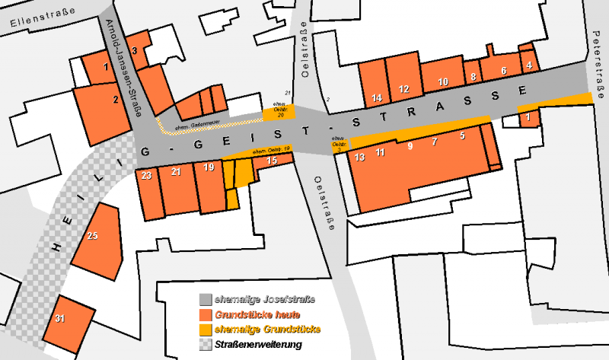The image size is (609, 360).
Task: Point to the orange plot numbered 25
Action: point(92,237)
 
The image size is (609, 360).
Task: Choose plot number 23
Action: point(146,175)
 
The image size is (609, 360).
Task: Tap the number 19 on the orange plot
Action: point(208,167)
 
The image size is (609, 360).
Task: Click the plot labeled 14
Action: point(377,97)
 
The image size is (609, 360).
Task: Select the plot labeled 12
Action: point(403,89)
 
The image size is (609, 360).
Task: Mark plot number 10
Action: point(443,81)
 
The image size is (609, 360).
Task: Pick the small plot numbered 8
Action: point(473,76)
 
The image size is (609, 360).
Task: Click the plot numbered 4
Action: point(528,65)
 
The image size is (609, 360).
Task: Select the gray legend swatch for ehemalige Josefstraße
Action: point(205,299)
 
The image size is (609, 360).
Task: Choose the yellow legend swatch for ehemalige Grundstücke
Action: point(205,330)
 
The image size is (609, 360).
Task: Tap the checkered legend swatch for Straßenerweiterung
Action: point(205,345)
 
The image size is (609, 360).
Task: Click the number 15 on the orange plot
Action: point(271,161)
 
